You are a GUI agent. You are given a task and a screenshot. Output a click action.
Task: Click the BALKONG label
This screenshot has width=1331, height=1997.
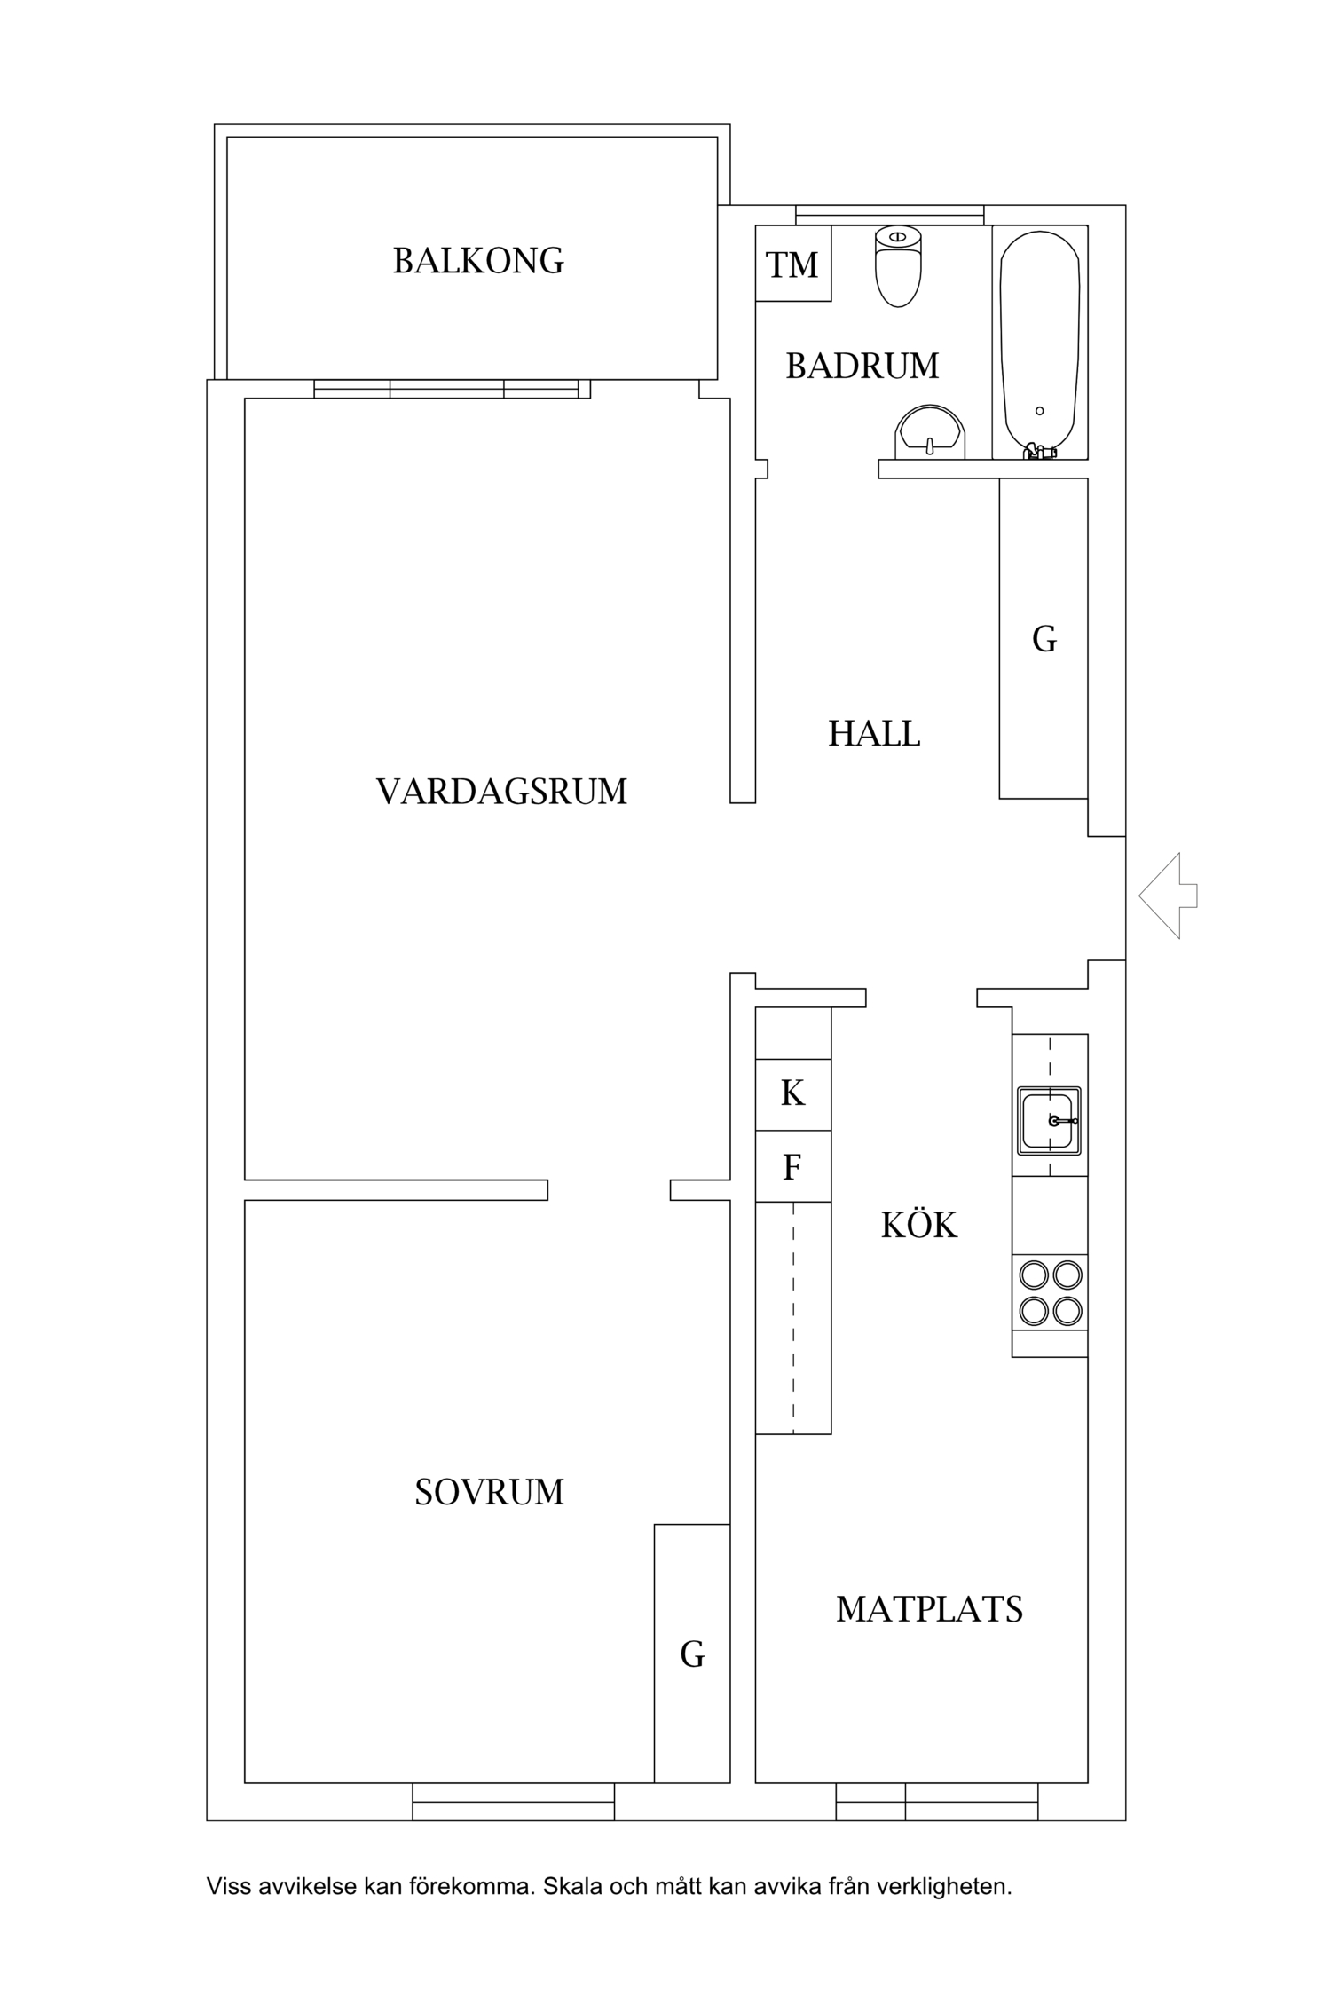click(478, 261)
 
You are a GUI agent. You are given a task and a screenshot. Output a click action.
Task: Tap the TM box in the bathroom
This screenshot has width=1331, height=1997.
click(792, 264)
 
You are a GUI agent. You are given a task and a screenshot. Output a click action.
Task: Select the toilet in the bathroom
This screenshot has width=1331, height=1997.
click(898, 265)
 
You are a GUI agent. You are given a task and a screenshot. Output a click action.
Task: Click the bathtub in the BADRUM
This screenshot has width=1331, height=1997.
click(1039, 342)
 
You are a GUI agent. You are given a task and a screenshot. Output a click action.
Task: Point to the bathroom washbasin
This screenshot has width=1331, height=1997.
click(930, 434)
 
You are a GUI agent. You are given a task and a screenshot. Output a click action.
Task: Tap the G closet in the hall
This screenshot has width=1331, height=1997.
click(1044, 639)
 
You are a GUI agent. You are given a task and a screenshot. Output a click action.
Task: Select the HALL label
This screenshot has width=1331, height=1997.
click(874, 734)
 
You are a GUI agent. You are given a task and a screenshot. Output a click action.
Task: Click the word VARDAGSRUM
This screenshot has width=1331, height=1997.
click(501, 792)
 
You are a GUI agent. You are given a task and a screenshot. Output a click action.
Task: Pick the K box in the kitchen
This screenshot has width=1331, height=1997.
click(792, 1093)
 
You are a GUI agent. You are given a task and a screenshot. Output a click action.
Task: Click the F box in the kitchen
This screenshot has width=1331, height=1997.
click(792, 1166)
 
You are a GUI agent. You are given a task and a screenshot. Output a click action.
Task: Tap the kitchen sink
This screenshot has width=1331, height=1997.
click(1049, 1120)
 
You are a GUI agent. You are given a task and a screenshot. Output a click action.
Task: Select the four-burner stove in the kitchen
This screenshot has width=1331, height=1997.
click(1051, 1292)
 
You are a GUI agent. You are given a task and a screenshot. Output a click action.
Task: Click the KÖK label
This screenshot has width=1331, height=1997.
click(918, 1226)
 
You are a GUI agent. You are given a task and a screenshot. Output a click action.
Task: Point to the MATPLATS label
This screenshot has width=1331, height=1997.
click(929, 1609)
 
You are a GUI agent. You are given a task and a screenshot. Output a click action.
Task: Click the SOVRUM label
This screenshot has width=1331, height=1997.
click(489, 1492)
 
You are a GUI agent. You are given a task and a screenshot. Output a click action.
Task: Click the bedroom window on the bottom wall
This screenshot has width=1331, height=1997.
click(513, 1802)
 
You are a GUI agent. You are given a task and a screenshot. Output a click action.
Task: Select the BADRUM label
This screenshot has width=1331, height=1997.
click(862, 366)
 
